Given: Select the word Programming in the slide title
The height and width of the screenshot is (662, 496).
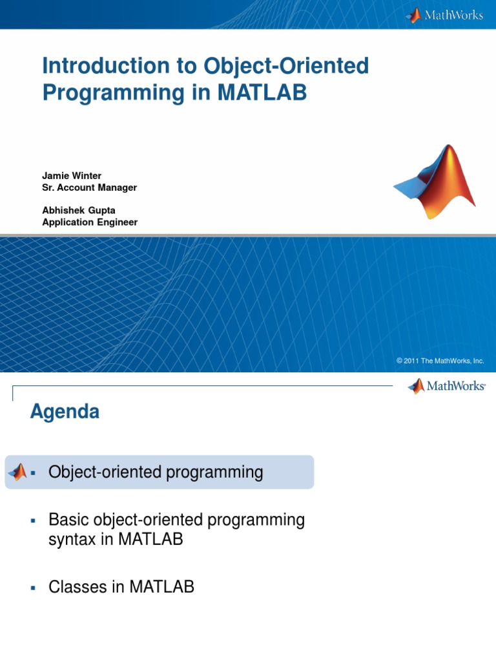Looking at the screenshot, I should (x=104, y=92).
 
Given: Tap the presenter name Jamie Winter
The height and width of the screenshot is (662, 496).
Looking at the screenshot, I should (x=72, y=176).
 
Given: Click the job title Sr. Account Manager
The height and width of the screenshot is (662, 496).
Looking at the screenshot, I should (x=89, y=187).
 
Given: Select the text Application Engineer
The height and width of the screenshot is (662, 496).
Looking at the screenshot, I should (x=90, y=222).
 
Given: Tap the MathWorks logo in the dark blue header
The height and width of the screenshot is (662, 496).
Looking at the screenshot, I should (x=444, y=15).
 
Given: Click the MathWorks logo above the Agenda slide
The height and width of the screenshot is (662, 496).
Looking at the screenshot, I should (x=446, y=387).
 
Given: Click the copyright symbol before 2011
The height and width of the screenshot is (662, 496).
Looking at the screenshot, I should (x=400, y=361).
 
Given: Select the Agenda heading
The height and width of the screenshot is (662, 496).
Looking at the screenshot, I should (x=65, y=412).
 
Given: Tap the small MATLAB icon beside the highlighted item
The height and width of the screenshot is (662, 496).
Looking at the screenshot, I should (x=17, y=472).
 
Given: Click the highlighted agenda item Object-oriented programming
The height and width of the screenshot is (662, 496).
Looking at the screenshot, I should (x=156, y=473).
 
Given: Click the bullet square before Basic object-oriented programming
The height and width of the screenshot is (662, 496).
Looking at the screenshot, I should (x=32, y=520).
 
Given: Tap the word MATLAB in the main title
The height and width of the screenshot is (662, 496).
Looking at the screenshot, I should (x=262, y=92).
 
